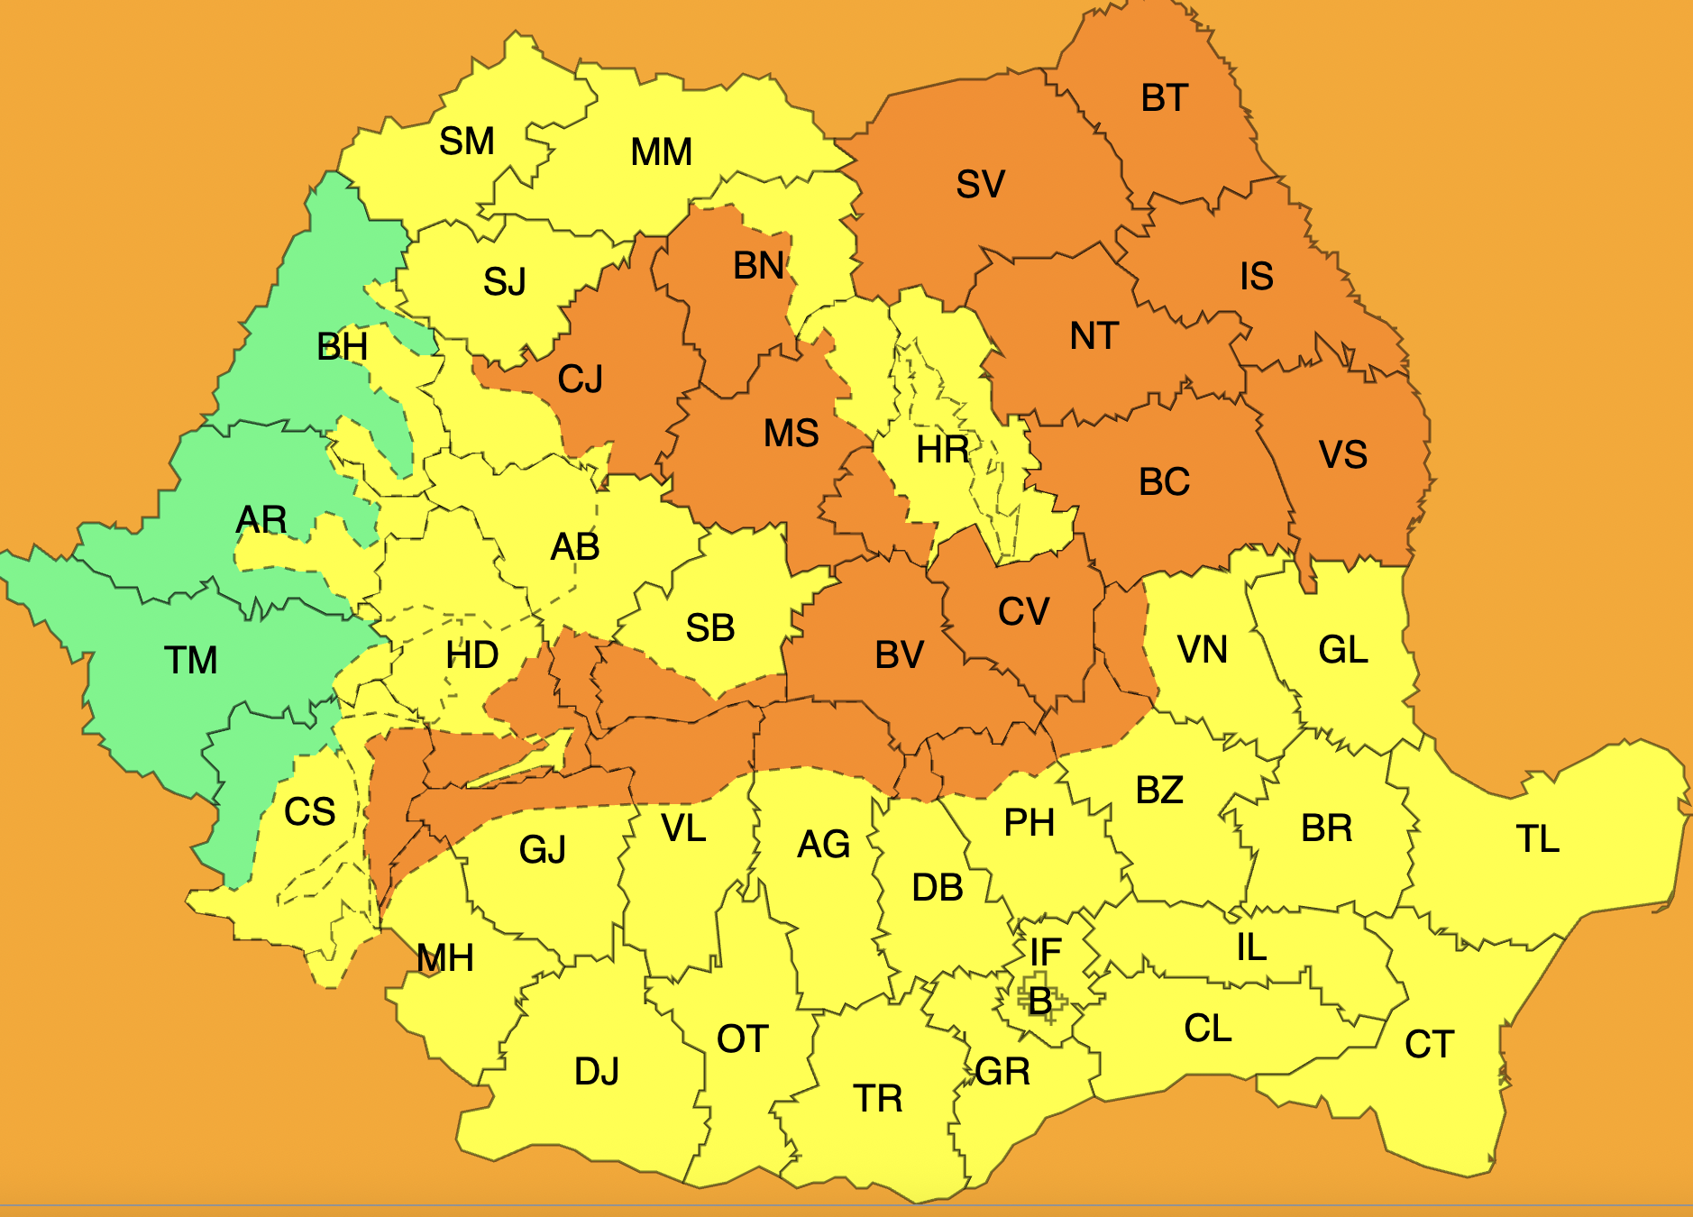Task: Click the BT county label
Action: pos(1164,97)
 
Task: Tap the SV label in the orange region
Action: pos(980,184)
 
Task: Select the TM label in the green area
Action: pos(190,660)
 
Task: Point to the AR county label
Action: pos(261,519)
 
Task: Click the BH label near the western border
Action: pos(342,346)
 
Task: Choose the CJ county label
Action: pos(580,379)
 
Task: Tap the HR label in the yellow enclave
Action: pos(942,449)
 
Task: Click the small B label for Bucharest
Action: pos(1040,1001)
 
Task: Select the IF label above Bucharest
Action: pos(1046,952)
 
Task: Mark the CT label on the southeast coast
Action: pos(1429,1044)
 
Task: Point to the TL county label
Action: pos(1537,838)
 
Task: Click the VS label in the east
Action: pos(1342,454)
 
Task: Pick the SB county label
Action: pos(709,627)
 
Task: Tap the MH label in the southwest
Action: pos(444,957)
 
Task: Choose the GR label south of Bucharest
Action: pos(1002,1071)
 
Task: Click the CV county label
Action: pos(1023,611)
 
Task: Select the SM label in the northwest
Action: pos(466,141)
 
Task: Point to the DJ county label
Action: pos(596,1071)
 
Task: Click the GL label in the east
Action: pos(1342,649)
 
